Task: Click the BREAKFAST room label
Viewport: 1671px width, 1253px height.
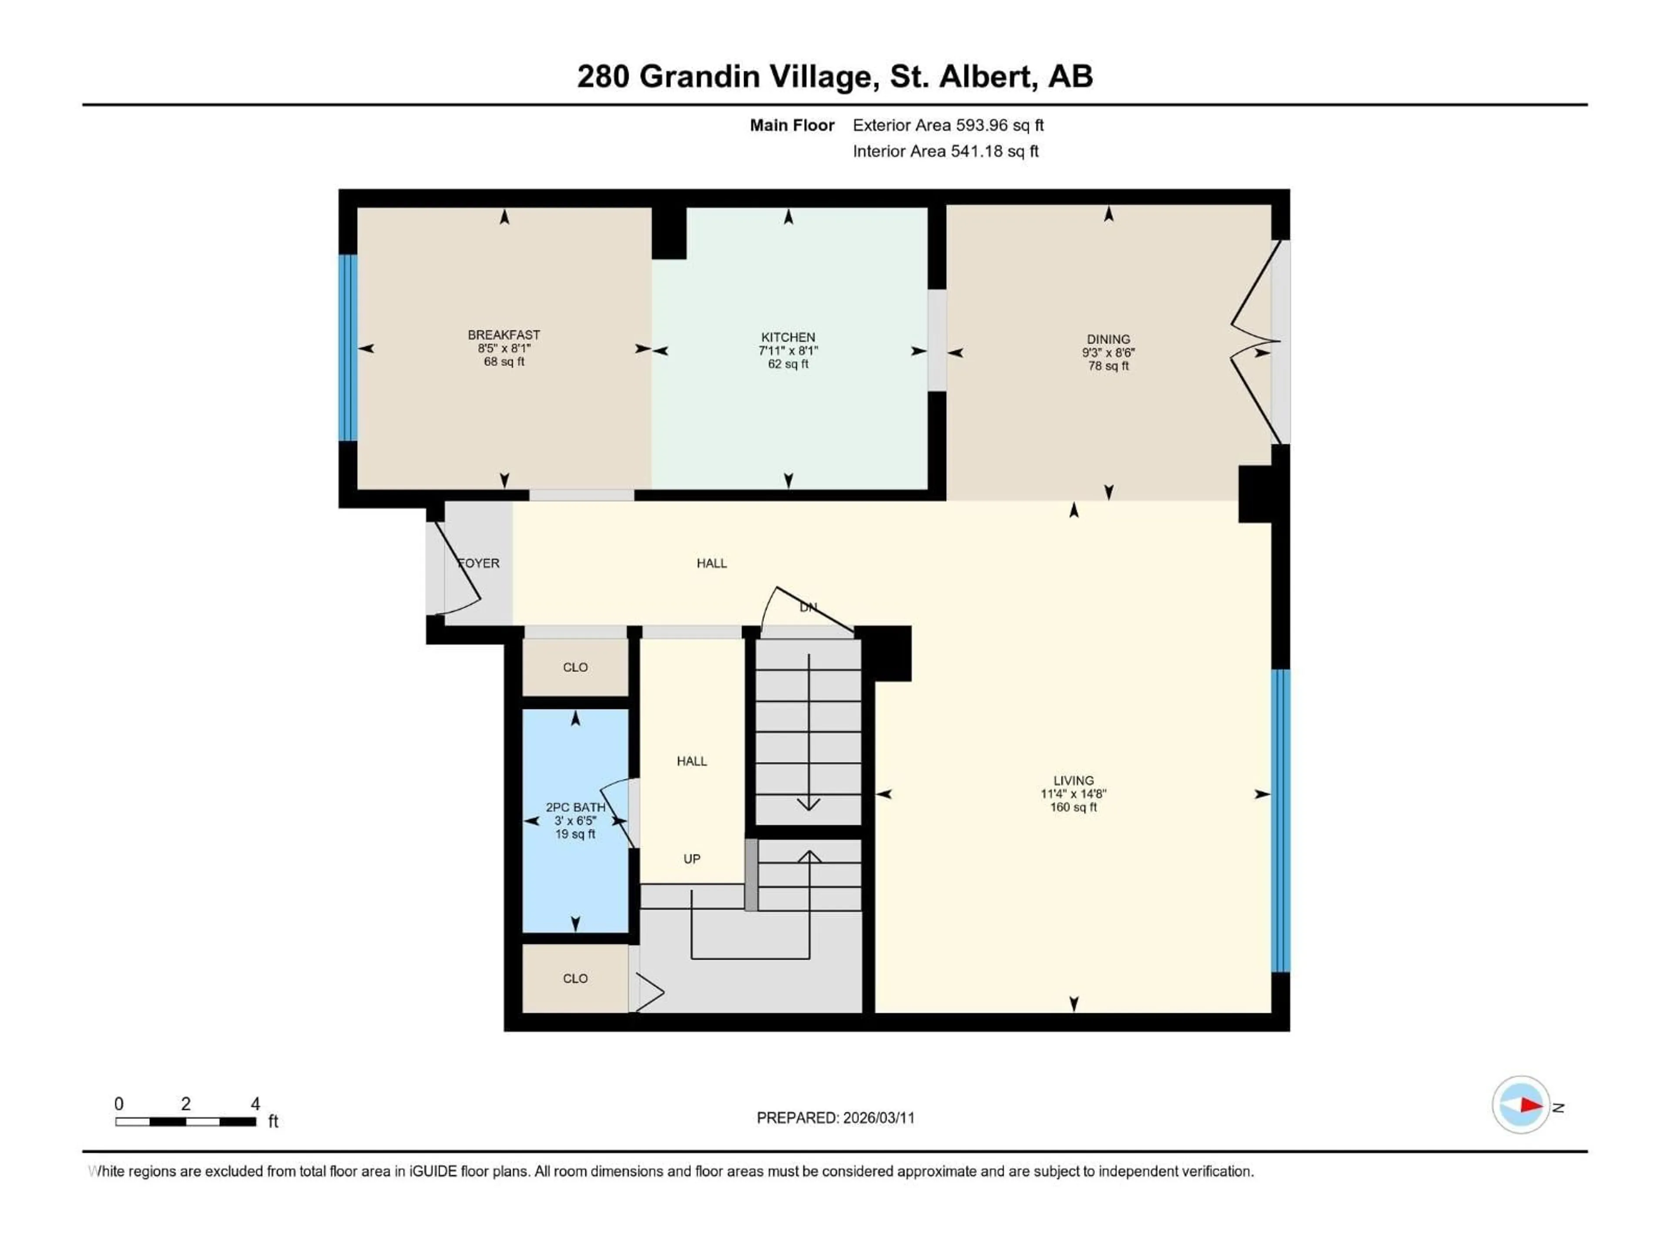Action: click(x=504, y=335)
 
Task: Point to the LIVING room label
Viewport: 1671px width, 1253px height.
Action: click(x=1074, y=780)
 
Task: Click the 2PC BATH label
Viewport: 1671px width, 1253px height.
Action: click(x=576, y=807)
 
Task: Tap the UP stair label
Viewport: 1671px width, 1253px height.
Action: click(x=692, y=859)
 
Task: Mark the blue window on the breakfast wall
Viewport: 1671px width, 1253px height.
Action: click(x=348, y=348)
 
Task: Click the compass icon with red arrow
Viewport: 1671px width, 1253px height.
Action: click(x=1521, y=1105)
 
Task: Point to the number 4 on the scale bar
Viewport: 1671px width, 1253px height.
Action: click(x=255, y=1104)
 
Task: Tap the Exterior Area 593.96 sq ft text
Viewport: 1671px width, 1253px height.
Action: click(x=948, y=125)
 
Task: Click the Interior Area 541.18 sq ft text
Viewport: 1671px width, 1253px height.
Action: click(x=946, y=151)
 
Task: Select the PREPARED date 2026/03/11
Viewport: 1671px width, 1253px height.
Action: click(x=879, y=1118)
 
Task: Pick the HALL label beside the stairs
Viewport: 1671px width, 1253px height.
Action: click(x=692, y=761)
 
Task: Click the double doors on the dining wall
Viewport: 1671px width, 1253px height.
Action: click(x=1255, y=342)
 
